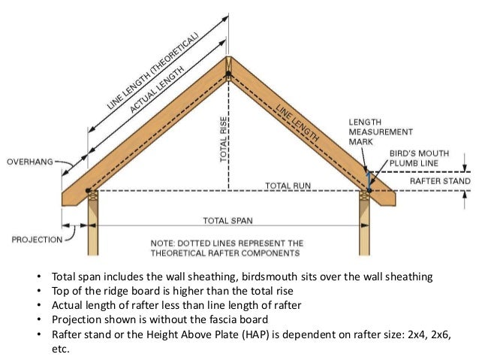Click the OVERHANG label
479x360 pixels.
click(x=31, y=162)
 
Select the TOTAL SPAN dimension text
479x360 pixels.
click(x=228, y=221)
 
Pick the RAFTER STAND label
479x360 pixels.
click(x=440, y=181)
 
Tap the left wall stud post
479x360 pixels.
click(x=93, y=225)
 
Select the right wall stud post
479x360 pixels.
click(x=366, y=225)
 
